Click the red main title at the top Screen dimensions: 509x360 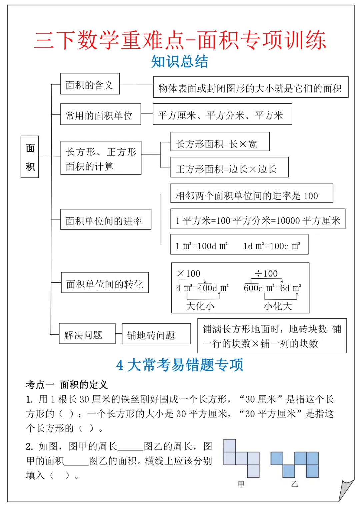tap(180, 40)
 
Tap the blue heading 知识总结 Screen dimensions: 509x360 tap(180, 62)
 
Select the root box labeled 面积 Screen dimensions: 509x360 tap(30, 157)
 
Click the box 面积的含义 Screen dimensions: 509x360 tap(90, 84)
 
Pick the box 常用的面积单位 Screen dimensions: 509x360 tap(100, 114)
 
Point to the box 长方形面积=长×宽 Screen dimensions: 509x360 tap(220, 142)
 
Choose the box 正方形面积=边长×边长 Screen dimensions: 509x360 tap(229, 167)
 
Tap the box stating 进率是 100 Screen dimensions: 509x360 tap(252, 194)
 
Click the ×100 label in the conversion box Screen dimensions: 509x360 tap(189, 274)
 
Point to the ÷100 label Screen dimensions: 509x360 tap(266, 274)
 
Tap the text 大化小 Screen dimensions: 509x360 tap(200, 306)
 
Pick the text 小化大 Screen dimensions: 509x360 tap(278, 306)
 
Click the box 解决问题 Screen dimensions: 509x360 tap(87, 334)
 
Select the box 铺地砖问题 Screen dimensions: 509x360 tap(156, 334)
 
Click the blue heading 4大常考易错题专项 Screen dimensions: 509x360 tap(180, 365)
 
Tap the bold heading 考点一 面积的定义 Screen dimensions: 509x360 tap(67, 385)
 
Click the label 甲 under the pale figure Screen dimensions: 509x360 tap(241, 484)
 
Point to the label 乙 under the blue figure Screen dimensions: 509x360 tap(294, 484)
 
